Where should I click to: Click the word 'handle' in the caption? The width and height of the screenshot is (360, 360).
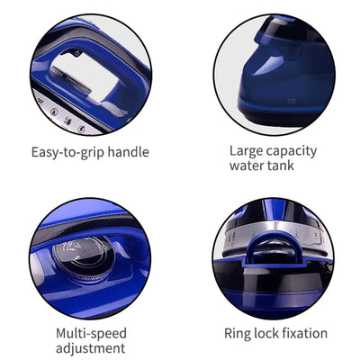coord(128,152)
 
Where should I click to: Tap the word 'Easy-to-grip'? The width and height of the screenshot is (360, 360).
coord(67,152)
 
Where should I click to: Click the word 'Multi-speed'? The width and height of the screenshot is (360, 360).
coord(91,334)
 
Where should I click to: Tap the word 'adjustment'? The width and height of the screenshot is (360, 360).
coord(91,349)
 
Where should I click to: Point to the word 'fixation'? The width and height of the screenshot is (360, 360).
coord(303,334)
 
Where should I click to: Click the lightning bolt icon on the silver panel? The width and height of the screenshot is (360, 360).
coord(81,129)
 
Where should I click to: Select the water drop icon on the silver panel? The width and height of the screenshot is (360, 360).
coord(54,112)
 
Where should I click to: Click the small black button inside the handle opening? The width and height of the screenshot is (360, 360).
coord(77,53)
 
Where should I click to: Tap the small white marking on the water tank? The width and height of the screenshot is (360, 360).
coord(290,98)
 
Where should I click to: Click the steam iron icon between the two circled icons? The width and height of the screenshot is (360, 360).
coord(67,121)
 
